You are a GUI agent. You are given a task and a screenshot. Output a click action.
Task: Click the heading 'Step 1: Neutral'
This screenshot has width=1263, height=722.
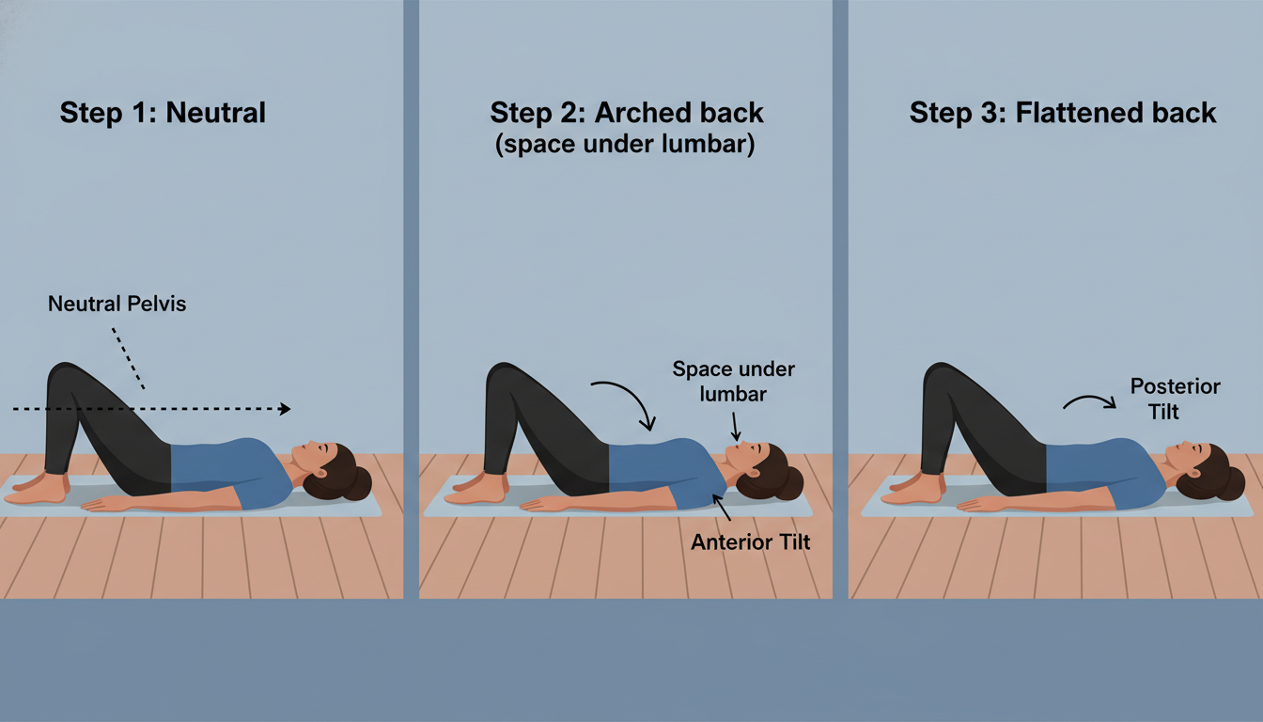[163, 114]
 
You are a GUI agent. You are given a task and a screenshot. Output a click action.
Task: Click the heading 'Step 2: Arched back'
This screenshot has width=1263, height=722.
[627, 114]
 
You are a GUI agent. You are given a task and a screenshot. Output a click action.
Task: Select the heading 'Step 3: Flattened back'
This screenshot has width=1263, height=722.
[1063, 114]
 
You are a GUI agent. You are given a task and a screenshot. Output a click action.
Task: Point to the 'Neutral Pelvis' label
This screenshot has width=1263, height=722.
[117, 304]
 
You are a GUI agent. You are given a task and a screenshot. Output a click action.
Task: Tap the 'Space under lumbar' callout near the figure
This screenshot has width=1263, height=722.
[734, 381]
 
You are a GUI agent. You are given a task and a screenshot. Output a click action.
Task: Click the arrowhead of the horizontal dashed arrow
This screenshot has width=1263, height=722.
[285, 409]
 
